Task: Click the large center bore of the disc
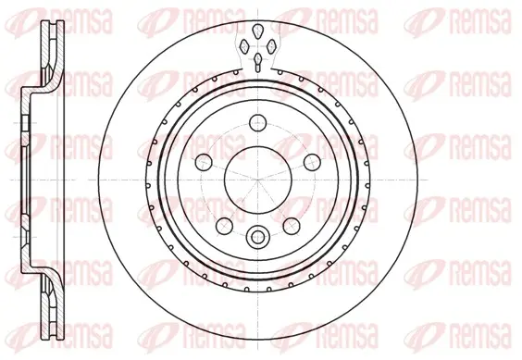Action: pos(258,180)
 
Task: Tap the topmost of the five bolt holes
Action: pos(258,123)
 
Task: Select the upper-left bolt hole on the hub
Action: pos(204,162)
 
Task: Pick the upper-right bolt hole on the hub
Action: pos(312,162)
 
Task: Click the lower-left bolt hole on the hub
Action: pos(224,226)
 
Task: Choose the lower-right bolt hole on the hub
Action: pos(292,226)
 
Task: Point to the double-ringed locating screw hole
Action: pos(257,237)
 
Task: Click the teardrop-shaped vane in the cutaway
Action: pos(257,31)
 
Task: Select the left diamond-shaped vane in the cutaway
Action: pos(244,45)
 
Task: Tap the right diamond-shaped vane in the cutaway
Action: pos(272,45)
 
